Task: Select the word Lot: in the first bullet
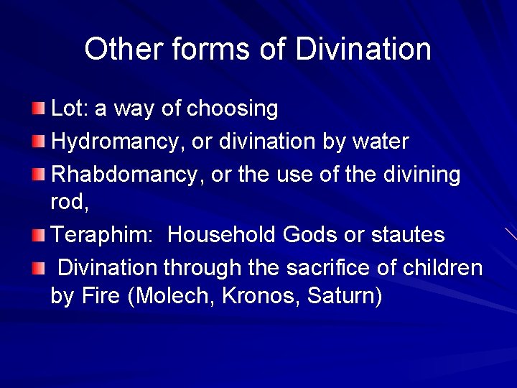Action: (70, 109)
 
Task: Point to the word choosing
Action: (232, 109)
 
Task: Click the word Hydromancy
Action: (118, 142)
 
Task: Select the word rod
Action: (69, 203)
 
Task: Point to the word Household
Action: (222, 235)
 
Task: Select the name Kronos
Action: (265, 296)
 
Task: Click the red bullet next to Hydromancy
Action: (38, 141)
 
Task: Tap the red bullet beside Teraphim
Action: (38, 234)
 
